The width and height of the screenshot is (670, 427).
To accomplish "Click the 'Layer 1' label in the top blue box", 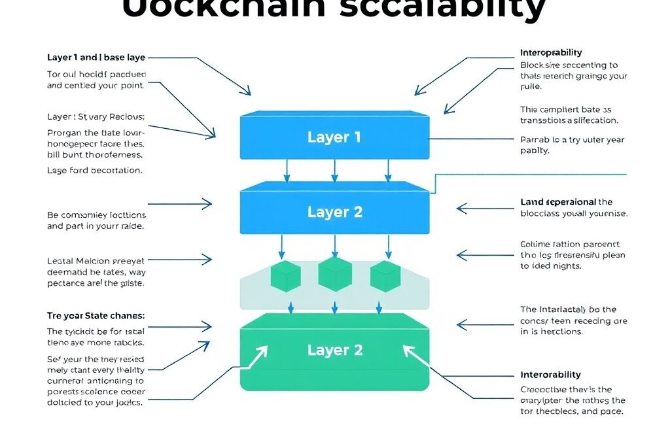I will click(x=334, y=137).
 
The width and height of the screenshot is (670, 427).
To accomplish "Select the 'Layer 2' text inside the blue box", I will click(x=334, y=213).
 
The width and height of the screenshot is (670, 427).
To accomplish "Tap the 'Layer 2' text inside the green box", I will click(x=334, y=350).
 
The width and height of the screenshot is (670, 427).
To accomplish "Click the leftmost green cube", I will click(x=285, y=277).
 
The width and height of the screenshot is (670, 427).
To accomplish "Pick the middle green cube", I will click(x=334, y=274).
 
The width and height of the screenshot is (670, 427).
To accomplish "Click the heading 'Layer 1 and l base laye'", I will click(x=96, y=58).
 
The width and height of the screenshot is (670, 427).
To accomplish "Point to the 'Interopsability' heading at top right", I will click(x=551, y=52).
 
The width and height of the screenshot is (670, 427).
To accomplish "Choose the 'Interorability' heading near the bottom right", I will click(x=550, y=375).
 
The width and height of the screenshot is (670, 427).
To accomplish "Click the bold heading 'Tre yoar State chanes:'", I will click(x=96, y=315).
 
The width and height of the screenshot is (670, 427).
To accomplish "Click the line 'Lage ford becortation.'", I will click(x=94, y=170).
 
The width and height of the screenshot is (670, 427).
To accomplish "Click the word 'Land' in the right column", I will click(x=532, y=202).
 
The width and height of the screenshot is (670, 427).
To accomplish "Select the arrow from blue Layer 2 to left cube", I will click(x=283, y=246).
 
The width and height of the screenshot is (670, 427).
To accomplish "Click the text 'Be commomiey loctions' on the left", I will click(x=96, y=214).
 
